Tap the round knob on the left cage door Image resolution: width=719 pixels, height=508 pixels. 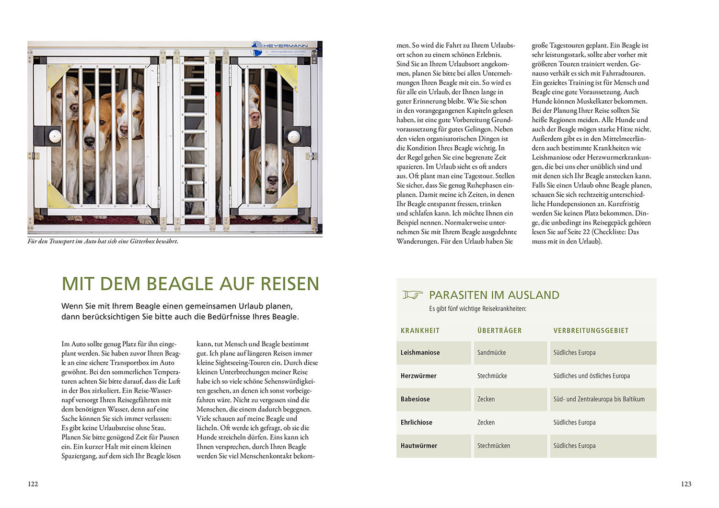55,136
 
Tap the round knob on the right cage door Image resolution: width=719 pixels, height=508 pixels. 293,137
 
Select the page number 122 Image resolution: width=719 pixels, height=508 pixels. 33,484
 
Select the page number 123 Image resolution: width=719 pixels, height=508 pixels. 686,484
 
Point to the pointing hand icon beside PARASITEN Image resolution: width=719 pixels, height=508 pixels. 412,295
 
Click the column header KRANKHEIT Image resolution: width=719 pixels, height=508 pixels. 420,331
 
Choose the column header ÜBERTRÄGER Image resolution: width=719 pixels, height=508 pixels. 499,331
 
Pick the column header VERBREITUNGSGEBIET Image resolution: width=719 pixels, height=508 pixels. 591,331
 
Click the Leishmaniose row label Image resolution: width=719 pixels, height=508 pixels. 420,353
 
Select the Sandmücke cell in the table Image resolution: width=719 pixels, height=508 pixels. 491,353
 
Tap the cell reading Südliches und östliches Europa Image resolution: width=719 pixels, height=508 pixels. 591,376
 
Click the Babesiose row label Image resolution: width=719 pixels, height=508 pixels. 415,399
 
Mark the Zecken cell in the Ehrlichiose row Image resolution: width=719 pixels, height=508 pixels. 486,423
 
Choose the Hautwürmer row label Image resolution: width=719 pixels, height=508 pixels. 418,446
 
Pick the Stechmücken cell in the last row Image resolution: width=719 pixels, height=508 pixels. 494,446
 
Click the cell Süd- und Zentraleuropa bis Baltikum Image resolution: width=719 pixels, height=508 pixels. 599,399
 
